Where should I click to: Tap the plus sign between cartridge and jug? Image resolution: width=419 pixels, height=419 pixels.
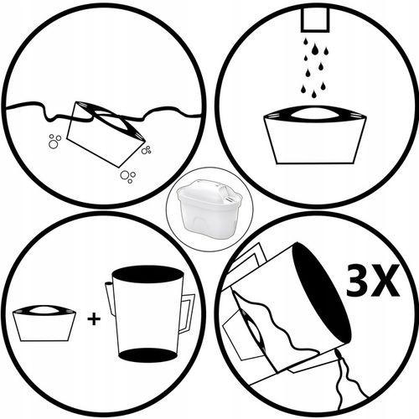click(94, 318)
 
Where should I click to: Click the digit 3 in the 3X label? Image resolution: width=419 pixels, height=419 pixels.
click(360, 280)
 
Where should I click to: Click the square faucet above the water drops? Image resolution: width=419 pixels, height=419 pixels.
click(315, 20)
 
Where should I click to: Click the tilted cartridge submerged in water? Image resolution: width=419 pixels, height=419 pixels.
click(106, 133)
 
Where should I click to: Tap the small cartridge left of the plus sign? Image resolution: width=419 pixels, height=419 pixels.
click(44, 323)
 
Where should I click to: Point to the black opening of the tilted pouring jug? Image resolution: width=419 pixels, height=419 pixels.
click(321, 293)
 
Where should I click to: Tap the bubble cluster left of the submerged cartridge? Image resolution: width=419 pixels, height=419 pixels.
click(54, 142)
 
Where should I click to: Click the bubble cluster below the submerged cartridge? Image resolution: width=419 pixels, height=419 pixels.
click(128, 176)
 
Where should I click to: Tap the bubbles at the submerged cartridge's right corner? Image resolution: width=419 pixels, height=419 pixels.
click(146, 150)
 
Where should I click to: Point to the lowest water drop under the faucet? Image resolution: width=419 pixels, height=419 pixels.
click(314, 95)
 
